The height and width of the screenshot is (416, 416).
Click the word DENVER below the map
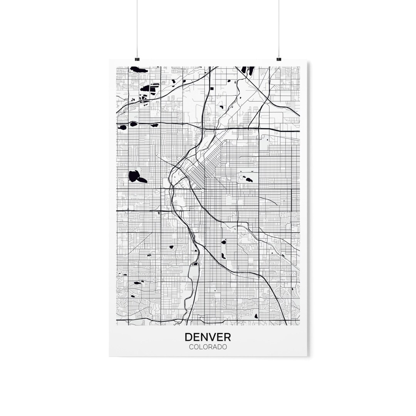(208, 337)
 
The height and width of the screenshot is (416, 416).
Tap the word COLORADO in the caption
(208, 347)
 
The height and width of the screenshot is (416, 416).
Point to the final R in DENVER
(227, 337)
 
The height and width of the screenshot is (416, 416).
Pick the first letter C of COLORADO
(191, 347)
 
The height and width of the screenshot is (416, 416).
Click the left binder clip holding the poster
(137, 59)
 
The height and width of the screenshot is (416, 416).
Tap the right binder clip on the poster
(279, 59)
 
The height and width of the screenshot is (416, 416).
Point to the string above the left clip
(137, 27)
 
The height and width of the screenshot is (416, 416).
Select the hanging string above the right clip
(279, 27)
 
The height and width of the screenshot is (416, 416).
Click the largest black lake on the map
(135, 176)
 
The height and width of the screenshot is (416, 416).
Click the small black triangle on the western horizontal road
(158, 213)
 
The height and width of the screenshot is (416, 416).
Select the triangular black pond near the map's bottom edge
(256, 316)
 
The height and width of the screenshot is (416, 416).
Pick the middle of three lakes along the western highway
(134, 124)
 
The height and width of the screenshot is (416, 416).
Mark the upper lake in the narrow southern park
(223, 242)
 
